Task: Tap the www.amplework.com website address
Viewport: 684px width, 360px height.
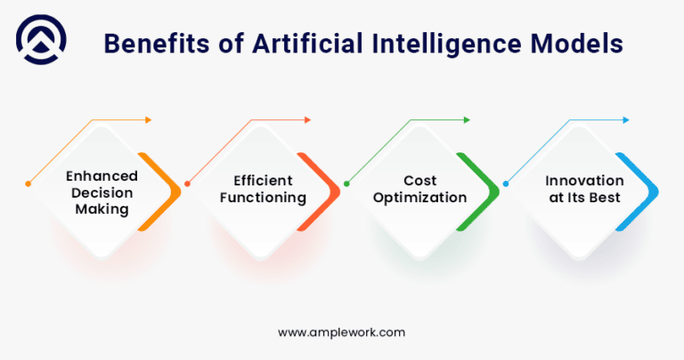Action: coord(342,331)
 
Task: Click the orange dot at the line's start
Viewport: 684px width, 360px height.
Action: coord(28,184)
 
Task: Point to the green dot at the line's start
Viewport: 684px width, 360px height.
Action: coord(346,184)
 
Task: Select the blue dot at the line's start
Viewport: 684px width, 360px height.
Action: coord(506,184)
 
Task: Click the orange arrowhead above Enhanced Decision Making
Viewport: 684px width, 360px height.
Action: coord(149,119)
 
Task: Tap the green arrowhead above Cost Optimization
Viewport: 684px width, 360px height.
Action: coord(467,119)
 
